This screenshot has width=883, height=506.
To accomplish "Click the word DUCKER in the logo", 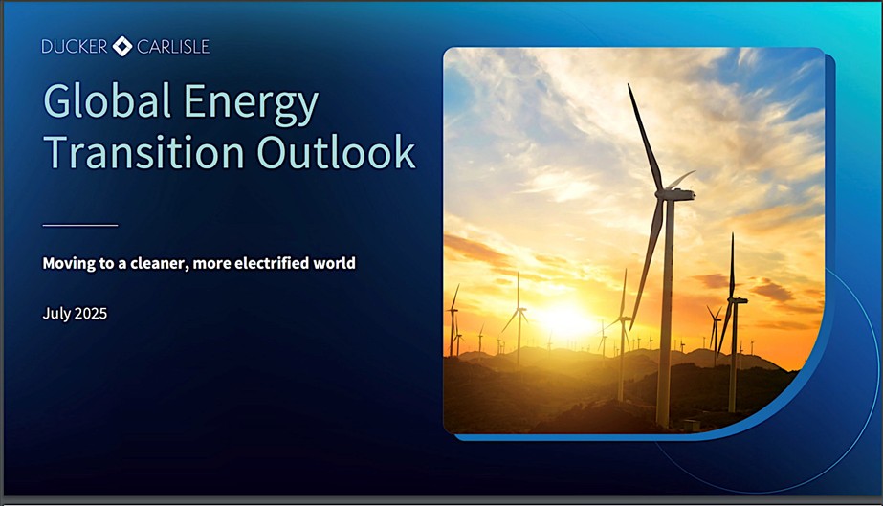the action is point(75,47).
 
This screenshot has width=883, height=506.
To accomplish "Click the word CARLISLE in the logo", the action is point(173,47).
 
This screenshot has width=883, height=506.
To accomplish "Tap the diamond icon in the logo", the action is point(122,47).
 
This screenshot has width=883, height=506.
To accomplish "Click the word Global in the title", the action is point(107,100).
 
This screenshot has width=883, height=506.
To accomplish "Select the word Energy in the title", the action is point(252,104).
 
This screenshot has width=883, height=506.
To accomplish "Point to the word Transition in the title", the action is point(144,151).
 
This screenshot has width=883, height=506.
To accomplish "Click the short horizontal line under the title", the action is point(80,225).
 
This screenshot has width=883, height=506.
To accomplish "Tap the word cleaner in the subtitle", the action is point(159,263).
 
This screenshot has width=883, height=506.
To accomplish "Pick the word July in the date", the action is point(55,314).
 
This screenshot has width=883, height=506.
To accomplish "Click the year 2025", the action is point(91,313).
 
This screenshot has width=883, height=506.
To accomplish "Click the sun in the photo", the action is point(563,319).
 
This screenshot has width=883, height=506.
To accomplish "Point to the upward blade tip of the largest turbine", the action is point(629,85).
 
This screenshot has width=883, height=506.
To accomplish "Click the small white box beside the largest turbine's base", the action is point(691,425).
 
